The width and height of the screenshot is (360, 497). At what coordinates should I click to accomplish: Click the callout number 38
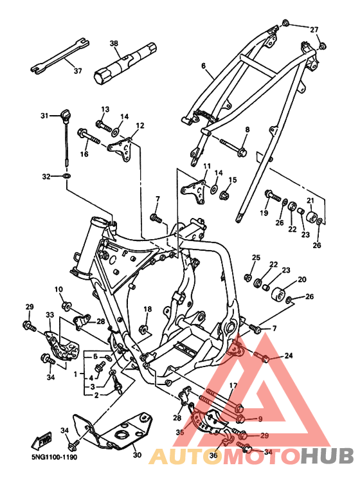[113, 44]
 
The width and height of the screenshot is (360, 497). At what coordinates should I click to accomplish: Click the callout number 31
[44, 116]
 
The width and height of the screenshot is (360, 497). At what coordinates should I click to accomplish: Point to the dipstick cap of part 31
[65, 116]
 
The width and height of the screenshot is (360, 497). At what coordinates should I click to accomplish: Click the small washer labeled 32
[67, 176]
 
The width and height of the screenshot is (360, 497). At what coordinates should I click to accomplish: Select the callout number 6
[203, 66]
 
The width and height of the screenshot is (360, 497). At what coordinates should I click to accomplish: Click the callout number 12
[140, 126]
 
